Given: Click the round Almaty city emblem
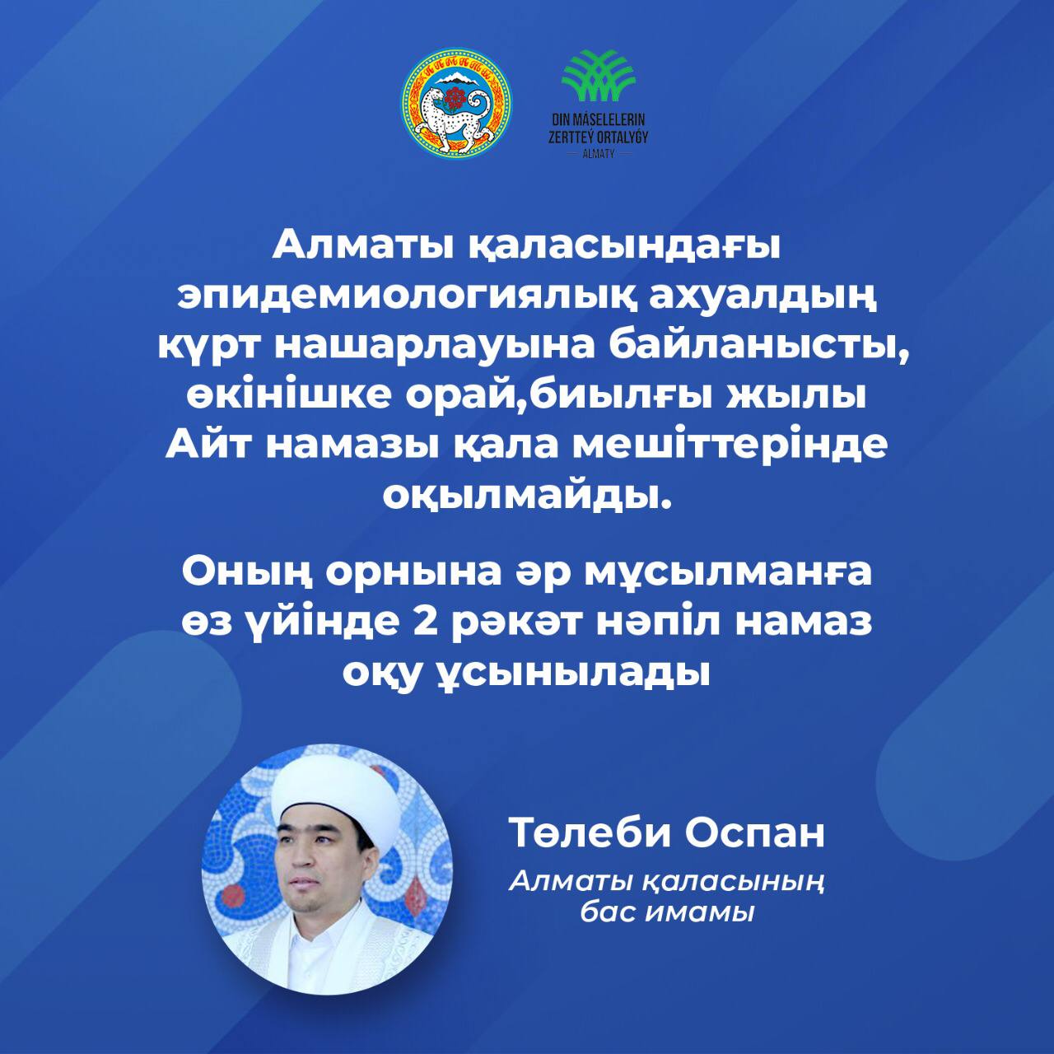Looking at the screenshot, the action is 456,104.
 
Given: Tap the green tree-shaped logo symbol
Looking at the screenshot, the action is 599,76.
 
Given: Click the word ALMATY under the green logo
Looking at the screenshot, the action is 599,154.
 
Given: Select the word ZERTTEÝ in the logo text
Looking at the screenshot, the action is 571,138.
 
